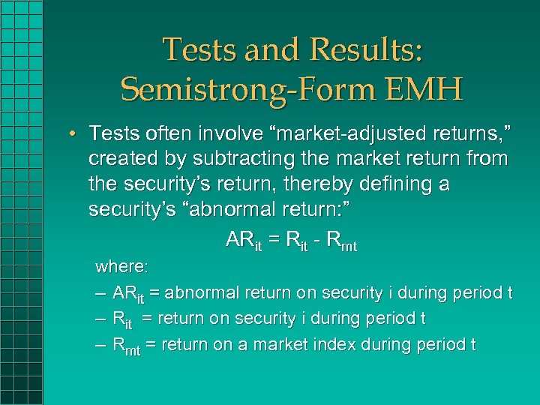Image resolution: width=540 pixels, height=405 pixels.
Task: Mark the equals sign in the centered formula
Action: click(274, 240)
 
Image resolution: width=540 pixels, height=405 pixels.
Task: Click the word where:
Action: click(122, 267)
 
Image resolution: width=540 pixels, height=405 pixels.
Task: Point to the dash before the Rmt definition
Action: click(101, 345)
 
